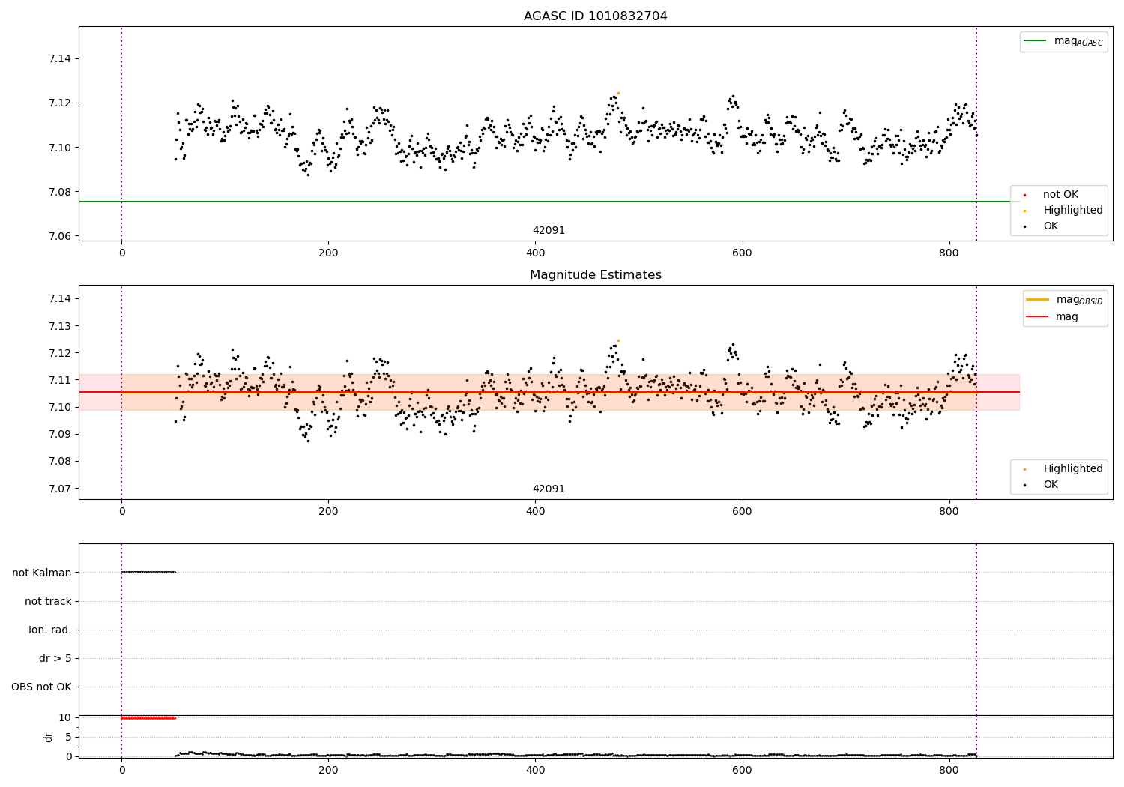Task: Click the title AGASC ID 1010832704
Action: (x=595, y=16)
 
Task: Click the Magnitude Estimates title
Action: (x=595, y=275)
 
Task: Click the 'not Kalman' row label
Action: (x=42, y=573)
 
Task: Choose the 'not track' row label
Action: (x=48, y=601)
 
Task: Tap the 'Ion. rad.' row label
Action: (x=50, y=630)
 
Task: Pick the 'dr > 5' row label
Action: (x=55, y=658)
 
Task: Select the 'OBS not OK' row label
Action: (x=41, y=687)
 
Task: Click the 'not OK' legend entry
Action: (x=1060, y=195)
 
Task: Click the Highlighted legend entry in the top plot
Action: (x=1072, y=211)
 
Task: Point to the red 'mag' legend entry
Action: (x=1066, y=317)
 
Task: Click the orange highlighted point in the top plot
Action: (x=618, y=93)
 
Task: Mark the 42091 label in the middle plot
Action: (x=549, y=489)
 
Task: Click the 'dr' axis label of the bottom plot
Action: (x=49, y=737)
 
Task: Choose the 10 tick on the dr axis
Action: (x=65, y=717)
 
